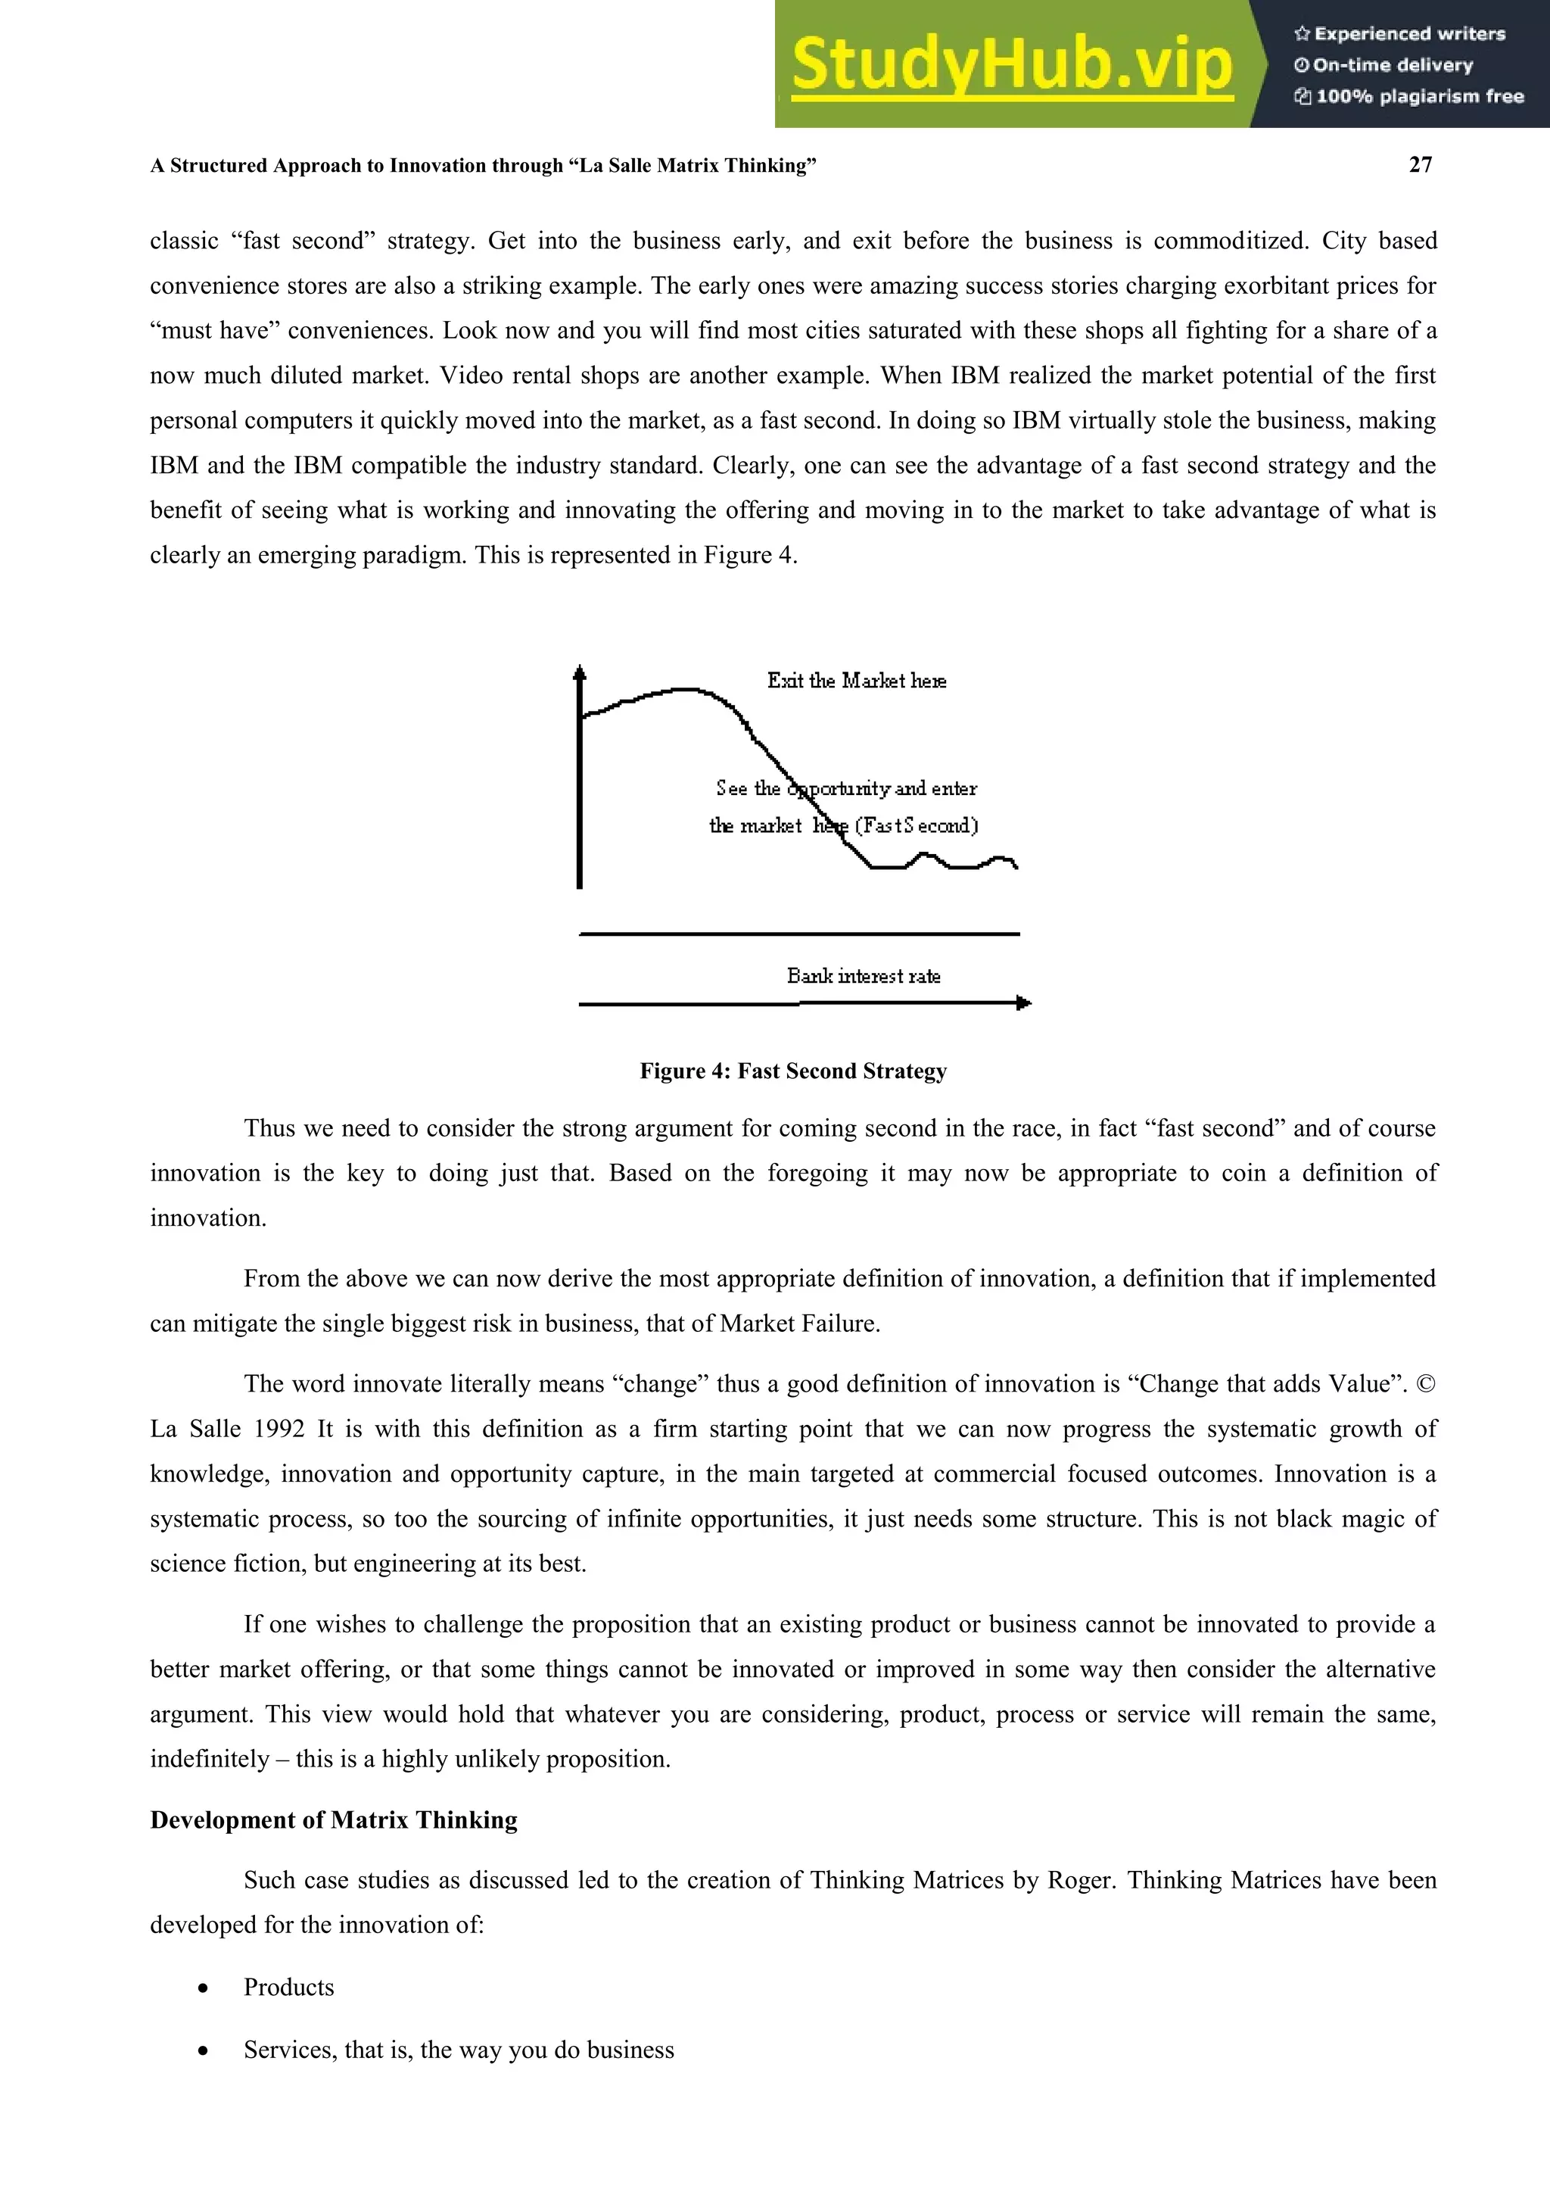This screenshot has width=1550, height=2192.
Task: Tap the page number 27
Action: tap(1420, 165)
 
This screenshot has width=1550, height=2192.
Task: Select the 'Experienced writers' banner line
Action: tap(1400, 34)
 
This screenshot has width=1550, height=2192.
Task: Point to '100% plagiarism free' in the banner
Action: tap(1410, 96)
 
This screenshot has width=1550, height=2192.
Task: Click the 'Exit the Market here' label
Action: tap(856, 681)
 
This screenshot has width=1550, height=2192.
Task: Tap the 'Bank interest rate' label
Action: tap(864, 976)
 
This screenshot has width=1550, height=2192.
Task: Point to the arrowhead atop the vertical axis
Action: tap(579, 673)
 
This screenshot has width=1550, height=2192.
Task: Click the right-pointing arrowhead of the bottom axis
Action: tap(1024, 1002)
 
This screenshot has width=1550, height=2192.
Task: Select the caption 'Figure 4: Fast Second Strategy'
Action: tap(793, 1071)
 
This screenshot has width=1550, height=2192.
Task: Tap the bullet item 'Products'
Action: tap(288, 1987)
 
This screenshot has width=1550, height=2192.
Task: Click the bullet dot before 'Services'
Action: tap(202, 2050)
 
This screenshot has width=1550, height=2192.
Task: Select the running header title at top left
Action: tap(483, 166)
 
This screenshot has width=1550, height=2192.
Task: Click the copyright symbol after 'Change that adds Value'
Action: tap(1425, 1384)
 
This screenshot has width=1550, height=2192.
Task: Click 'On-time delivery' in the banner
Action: tap(1384, 66)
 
